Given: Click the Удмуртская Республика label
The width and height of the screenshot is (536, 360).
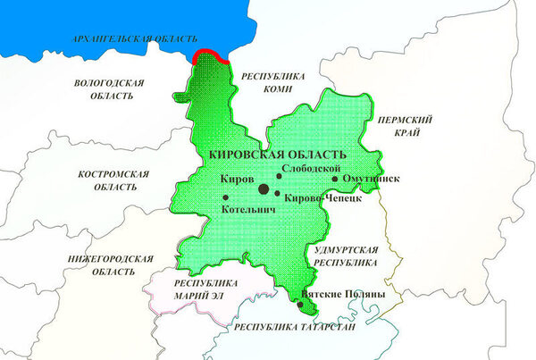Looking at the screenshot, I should (348, 255).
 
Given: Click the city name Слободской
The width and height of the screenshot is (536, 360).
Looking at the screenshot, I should (310, 168).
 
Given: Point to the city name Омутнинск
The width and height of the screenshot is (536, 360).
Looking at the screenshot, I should (371, 180).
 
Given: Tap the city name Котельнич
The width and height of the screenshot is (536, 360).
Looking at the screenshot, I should (248, 211).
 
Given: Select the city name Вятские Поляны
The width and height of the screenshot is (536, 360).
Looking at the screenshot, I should (344, 294).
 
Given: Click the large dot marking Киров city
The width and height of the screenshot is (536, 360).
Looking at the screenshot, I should (264, 188).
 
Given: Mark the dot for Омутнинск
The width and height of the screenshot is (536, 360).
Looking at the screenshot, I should (335, 179).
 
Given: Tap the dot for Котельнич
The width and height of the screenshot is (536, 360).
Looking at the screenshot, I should (225, 197).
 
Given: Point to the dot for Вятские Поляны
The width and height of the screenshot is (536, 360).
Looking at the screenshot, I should (300, 305).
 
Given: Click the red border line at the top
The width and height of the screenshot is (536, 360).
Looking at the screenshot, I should (211, 54).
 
